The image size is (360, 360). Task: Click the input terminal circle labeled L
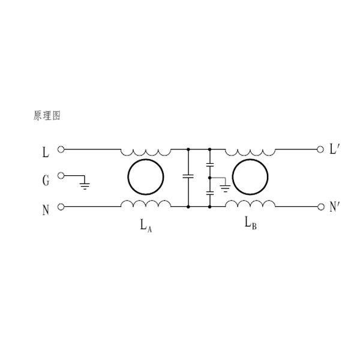click(61, 149)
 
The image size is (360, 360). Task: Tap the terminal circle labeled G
click(61, 176)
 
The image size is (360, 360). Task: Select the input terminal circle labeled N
click(61, 207)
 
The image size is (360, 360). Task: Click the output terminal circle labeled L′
click(320, 149)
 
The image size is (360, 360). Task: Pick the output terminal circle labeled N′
click(321, 207)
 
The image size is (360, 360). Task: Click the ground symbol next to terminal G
click(85, 185)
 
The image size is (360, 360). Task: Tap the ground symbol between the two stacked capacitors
click(225, 188)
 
